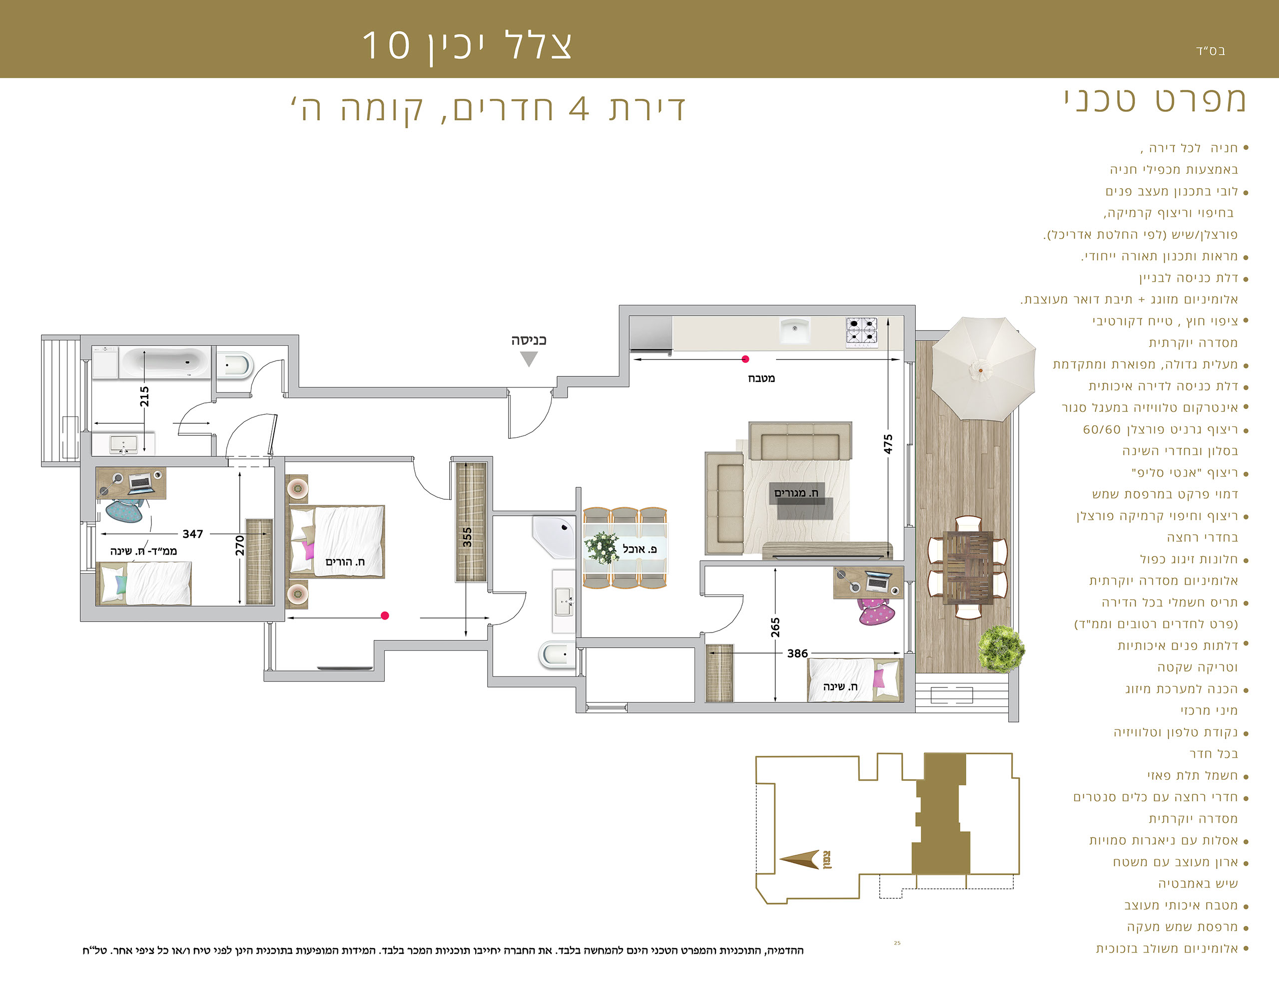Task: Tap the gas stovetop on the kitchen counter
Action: [x=861, y=333]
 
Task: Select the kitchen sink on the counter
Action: [x=795, y=330]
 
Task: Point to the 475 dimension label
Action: [x=888, y=444]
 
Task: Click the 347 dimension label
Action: [x=193, y=534]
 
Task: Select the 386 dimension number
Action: [x=797, y=653]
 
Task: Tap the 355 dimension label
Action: [x=467, y=537]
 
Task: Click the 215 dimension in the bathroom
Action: [x=144, y=397]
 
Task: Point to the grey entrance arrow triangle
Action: [x=529, y=359]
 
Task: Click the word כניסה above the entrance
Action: [x=529, y=340]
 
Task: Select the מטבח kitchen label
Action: [x=761, y=378]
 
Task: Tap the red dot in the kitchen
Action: [x=745, y=359]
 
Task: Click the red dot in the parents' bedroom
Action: [x=385, y=615]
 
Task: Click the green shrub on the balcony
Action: [x=1001, y=649]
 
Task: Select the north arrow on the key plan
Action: [x=800, y=860]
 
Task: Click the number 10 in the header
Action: [x=386, y=45]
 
